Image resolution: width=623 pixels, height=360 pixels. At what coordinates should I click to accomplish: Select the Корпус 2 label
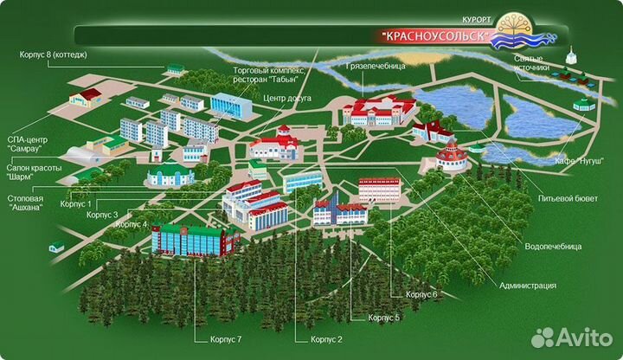[x=327, y=339]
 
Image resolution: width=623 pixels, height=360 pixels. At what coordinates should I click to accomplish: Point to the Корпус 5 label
[x=383, y=318]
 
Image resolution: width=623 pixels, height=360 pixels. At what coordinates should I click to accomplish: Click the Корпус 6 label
[x=421, y=294]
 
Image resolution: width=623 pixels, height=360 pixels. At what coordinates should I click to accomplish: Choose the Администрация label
[x=527, y=285]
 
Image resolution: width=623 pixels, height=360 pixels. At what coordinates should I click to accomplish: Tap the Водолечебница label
[x=553, y=247]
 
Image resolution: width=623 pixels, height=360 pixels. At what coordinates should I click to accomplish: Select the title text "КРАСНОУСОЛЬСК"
[x=436, y=36]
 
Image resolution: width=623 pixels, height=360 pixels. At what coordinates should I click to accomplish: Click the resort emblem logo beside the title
[x=530, y=33]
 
